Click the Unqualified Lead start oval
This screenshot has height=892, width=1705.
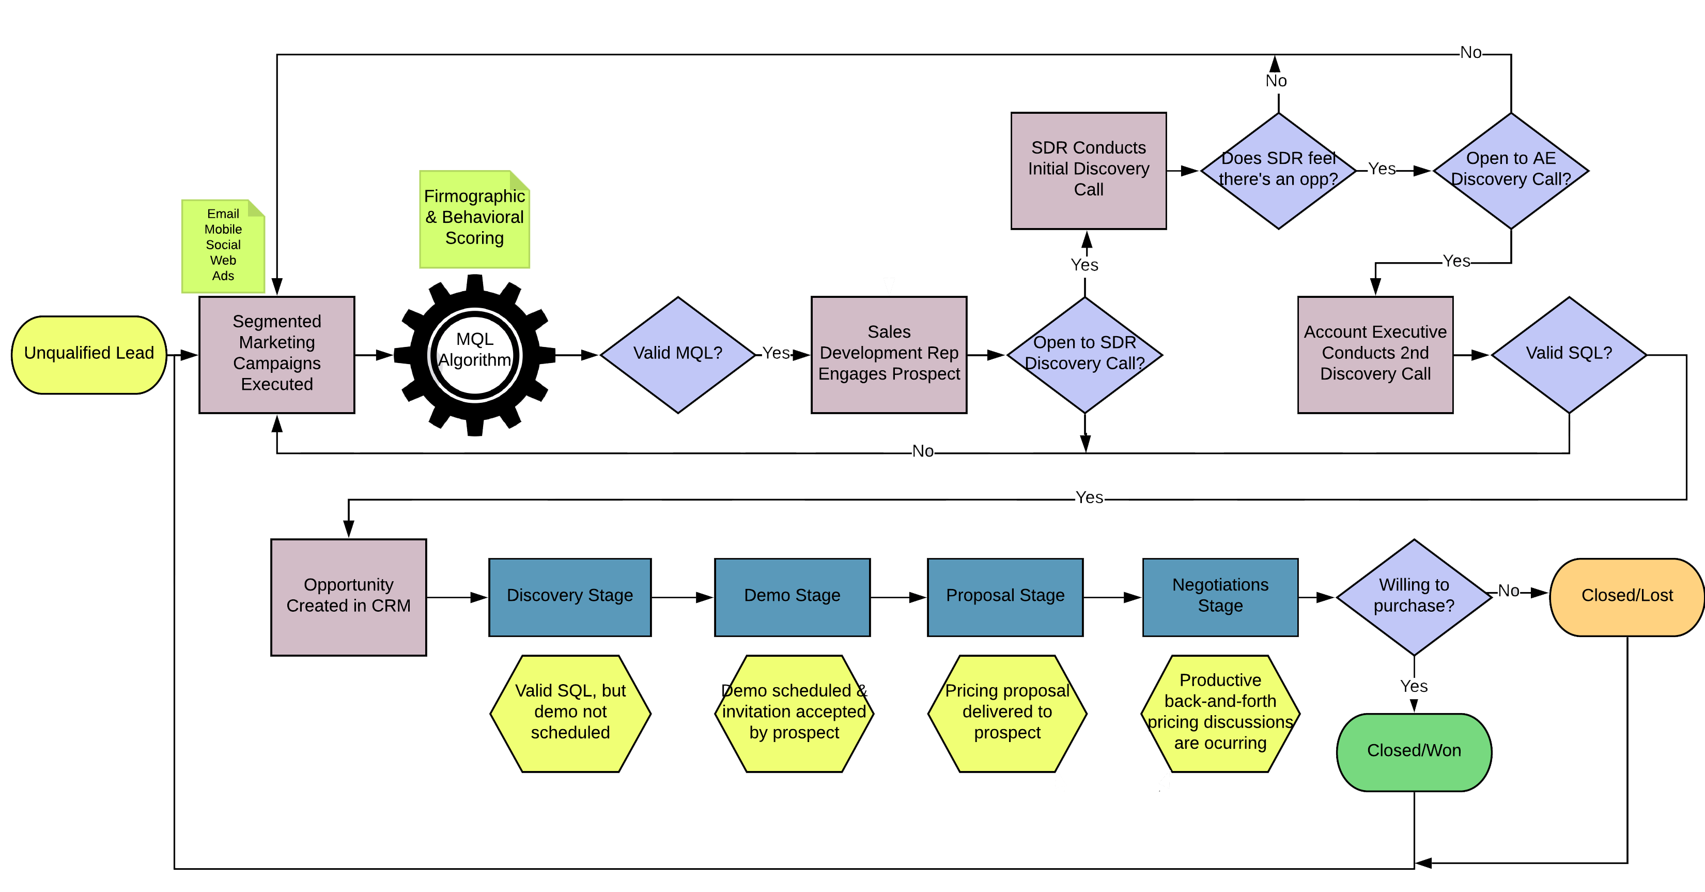(x=89, y=354)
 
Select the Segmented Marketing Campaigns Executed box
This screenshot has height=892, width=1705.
(x=276, y=354)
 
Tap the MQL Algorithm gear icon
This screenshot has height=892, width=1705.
(x=475, y=355)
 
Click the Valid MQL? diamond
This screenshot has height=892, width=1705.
(x=678, y=354)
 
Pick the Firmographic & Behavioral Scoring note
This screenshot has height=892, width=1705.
(x=475, y=219)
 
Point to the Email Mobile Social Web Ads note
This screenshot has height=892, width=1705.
(x=223, y=246)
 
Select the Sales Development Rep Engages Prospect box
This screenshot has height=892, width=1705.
(x=888, y=354)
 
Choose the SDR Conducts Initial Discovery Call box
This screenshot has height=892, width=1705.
(x=1088, y=170)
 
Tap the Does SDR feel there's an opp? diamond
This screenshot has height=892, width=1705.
(x=1278, y=170)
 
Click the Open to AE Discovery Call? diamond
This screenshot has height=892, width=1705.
(x=1510, y=170)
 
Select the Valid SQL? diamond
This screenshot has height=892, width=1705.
(x=1569, y=354)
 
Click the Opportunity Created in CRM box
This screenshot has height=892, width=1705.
(x=348, y=597)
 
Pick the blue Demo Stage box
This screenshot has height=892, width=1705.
(x=792, y=597)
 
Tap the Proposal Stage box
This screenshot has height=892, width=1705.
(x=1005, y=597)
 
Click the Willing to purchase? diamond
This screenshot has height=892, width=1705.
(x=1414, y=597)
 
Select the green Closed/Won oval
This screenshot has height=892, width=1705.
(x=1414, y=752)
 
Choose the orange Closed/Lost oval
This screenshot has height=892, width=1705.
(x=1626, y=597)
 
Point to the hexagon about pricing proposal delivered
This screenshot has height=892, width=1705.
(x=1006, y=713)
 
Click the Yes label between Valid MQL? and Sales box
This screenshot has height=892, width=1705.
(x=776, y=354)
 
